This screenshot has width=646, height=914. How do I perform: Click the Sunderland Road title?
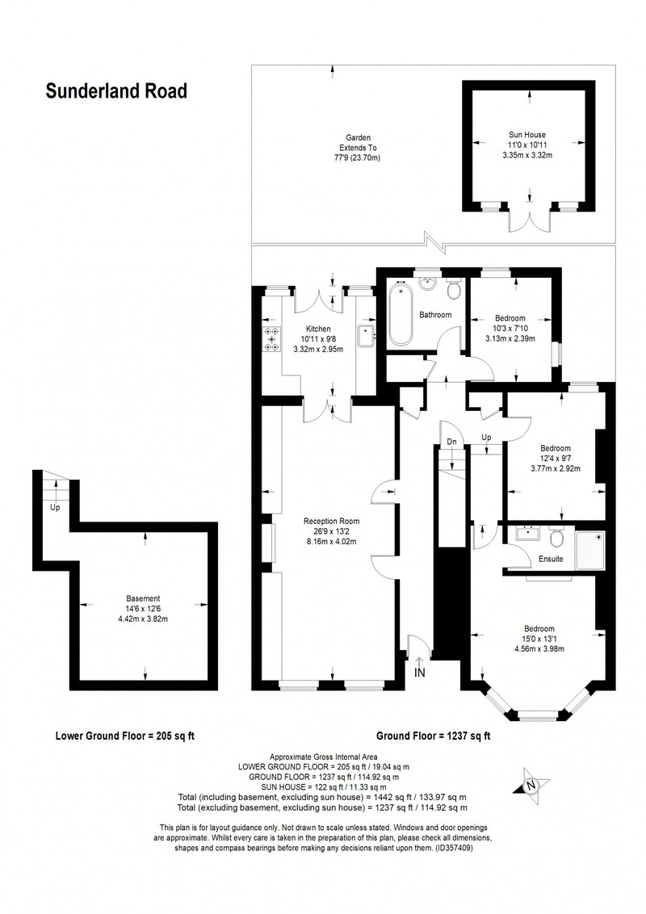116,91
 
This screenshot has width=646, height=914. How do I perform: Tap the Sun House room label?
527,135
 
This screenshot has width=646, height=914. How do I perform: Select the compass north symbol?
530,785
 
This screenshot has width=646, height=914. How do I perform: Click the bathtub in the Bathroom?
400,313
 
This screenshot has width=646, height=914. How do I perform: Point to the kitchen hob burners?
271,339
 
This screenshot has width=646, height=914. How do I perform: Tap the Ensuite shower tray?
590,551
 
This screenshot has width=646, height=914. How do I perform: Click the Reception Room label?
331,521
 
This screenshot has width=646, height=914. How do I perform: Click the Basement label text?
143,598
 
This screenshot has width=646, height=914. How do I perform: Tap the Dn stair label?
452,442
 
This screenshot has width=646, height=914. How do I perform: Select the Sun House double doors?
530,218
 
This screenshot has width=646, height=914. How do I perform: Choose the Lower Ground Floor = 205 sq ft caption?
125,736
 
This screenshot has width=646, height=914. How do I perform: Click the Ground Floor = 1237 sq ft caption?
433,736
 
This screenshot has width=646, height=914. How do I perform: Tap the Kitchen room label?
318,329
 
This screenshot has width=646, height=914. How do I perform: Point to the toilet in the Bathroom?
454,288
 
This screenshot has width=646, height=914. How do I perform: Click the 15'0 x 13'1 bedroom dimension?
539,639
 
